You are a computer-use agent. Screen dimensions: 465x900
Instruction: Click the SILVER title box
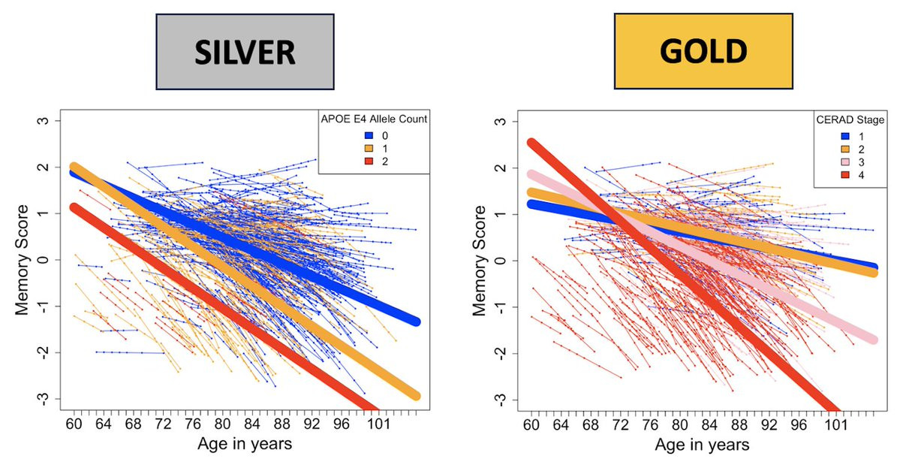(x=245, y=52)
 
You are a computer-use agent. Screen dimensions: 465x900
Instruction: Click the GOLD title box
(x=703, y=51)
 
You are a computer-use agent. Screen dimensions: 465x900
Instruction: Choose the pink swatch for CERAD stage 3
(x=826, y=161)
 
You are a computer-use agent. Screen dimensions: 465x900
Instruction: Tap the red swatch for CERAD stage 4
(x=826, y=174)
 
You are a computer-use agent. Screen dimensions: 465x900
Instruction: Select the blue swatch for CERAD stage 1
(x=826, y=135)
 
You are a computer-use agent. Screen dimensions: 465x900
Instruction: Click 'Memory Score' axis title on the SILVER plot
(x=25, y=259)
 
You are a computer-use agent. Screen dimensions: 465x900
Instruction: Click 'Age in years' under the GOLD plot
(x=702, y=444)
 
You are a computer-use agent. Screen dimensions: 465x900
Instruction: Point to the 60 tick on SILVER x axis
(x=74, y=424)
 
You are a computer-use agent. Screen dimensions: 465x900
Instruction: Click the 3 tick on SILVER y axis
(x=44, y=122)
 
